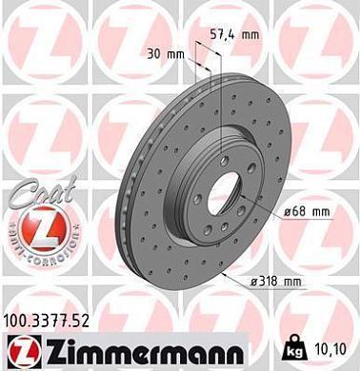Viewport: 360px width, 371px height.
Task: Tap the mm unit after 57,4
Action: click(250, 34)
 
